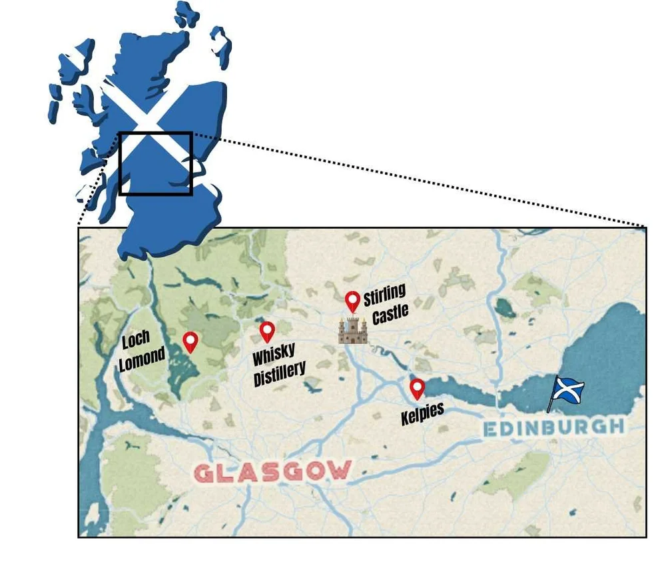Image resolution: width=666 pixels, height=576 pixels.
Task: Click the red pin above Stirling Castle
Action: pos(353,301)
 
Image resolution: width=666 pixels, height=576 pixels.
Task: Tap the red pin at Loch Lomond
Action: pos(190,341)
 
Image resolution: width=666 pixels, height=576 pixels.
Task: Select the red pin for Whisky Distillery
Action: pos(267,331)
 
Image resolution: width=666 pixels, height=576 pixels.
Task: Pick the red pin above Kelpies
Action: pos(417,387)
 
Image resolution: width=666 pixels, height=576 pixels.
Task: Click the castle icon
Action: pos(352,330)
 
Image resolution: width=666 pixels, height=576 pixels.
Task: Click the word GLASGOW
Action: pos(272,472)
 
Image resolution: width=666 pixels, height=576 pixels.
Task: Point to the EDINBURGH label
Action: pos(553,427)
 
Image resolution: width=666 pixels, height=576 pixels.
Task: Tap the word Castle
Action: pos(390,313)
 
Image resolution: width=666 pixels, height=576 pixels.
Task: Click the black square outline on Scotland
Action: pos(156,163)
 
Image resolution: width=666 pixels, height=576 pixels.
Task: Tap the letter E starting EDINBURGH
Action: pos(490,429)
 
